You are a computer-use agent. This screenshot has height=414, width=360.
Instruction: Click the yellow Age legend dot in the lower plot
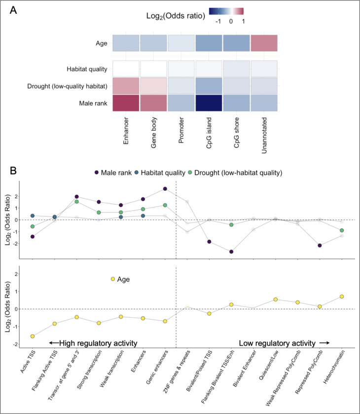(112, 279)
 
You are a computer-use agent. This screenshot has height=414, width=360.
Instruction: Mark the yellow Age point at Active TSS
(33, 336)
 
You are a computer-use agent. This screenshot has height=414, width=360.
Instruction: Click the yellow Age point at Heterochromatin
(341, 297)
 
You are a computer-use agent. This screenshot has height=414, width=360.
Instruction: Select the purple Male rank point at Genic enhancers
(165, 188)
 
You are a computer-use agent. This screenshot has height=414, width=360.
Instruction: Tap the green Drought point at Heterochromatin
(341, 230)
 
